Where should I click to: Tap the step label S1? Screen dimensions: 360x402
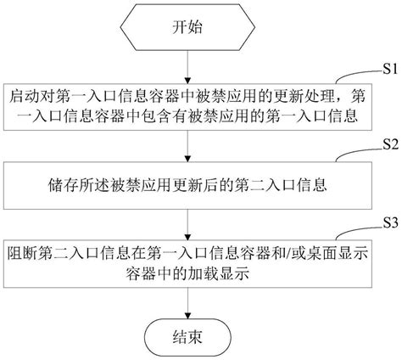388,69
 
